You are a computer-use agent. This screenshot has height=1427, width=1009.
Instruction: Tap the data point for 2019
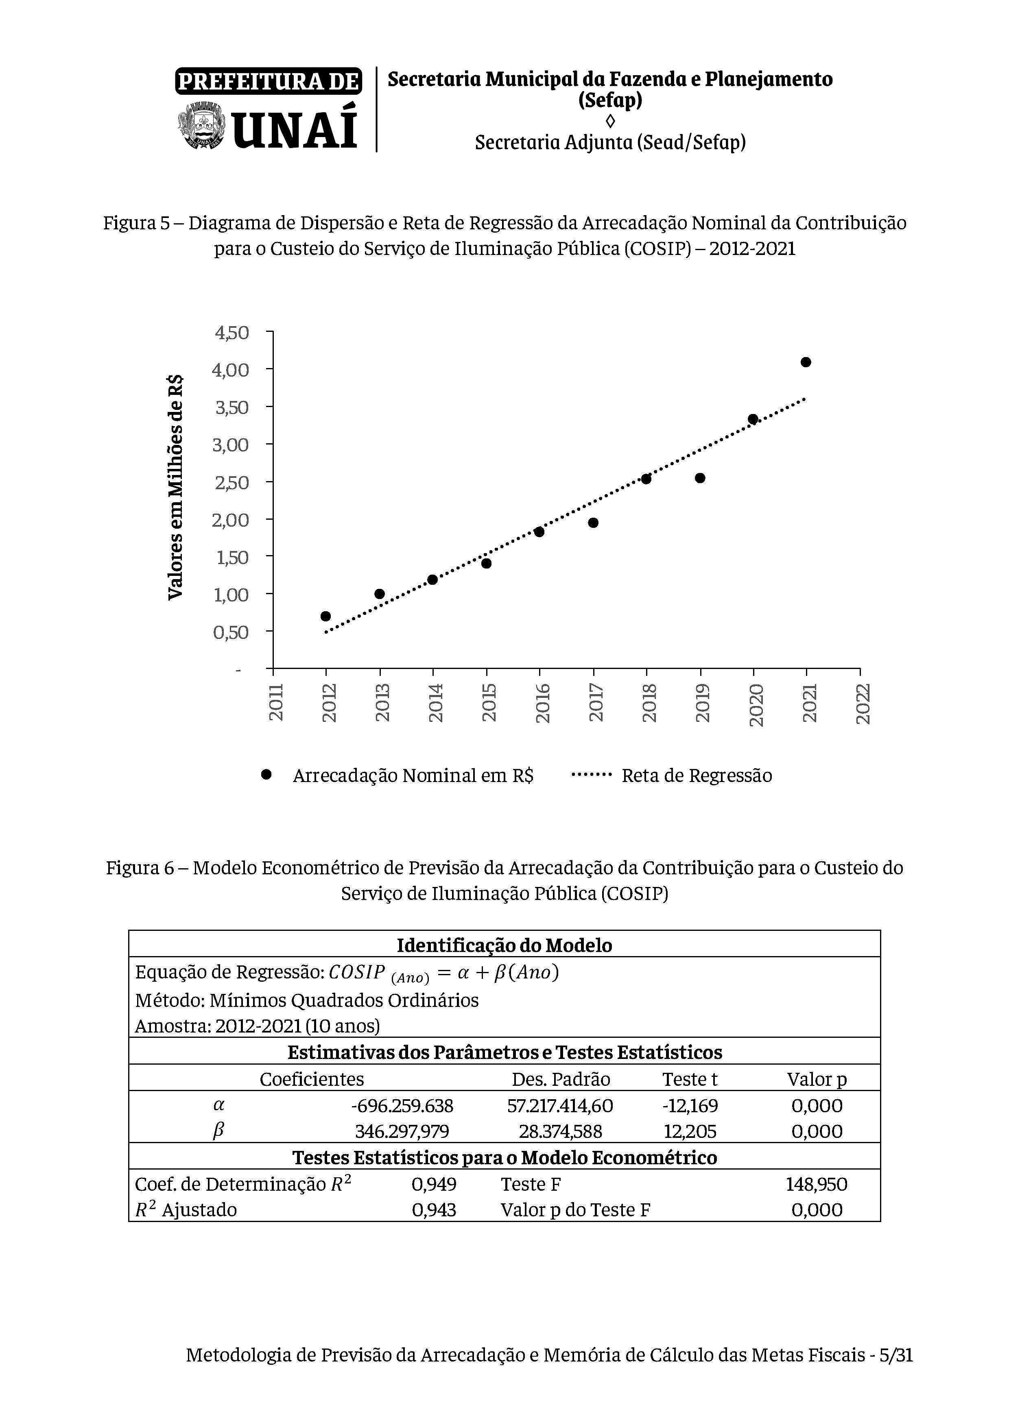(700, 478)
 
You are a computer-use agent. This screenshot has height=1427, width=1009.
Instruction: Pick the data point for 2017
(593, 523)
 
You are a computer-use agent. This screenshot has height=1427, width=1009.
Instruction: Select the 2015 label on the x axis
(489, 702)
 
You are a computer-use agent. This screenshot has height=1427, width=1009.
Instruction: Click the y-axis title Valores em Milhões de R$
(176, 487)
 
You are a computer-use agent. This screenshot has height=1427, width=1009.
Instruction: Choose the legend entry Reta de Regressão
(696, 776)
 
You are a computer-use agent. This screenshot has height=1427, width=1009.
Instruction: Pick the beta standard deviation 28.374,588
(560, 1131)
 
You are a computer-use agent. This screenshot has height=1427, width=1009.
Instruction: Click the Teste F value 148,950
(816, 1184)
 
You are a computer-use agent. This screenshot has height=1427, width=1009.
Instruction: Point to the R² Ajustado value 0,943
(434, 1209)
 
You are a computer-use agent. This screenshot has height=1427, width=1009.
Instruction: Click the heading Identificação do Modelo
(504, 946)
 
